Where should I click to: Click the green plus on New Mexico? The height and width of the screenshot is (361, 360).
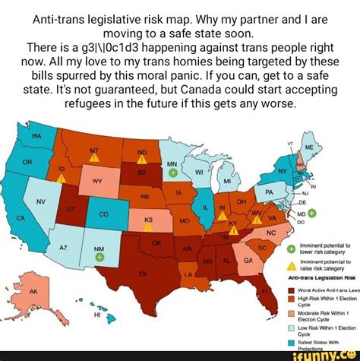(x=99, y=257)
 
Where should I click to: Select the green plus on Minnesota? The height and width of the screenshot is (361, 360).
(x=173, y=173)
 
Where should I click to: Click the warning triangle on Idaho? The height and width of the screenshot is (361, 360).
(x=62, y=179)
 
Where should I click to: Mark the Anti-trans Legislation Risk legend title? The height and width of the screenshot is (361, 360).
(x=316, y=278)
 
